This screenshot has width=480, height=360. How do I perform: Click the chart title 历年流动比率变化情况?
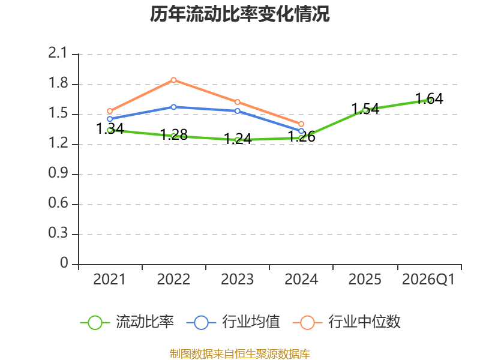pyautogui.click(x=239, y=14)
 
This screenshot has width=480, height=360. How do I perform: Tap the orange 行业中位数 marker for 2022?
pyautogui.click(x=173, y=80)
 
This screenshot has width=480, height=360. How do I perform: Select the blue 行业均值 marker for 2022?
pyautogui.click(x=173, y=107)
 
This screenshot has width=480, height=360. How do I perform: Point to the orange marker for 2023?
pyautogui.click(x=238, y=102)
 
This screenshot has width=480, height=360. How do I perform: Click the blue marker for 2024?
pyautogui.click(x=301, y=131)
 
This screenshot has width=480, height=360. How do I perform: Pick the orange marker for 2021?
pyautogui.click(x=110, y=111)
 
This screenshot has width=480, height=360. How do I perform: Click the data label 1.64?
pyautogui.click(x=429, y=98)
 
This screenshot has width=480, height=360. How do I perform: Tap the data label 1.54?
pyautogui.click(x=365, y=109)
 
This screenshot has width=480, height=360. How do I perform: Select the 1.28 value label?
pyautogui.click(x=174, y=134)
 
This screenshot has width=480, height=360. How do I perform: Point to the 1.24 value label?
pyautogui.click(x=238, y=139)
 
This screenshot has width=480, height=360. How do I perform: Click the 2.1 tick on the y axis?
pyautogui.click(x=58, y=53)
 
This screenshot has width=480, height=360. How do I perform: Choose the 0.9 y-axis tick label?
pyautogui.click(x=58, y=173)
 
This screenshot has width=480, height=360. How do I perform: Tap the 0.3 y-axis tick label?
pyautogui.click(x=58, y=233)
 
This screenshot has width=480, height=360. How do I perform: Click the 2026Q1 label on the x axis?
pyautogui.click(x=428, y=279)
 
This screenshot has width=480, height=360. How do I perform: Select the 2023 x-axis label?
pyautogui.click(x=238, y=279)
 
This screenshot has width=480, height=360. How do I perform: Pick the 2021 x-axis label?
pyautogui.click(x=110, y=279)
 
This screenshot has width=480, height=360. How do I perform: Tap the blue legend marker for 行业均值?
pyautogui.click(x=201, y=322)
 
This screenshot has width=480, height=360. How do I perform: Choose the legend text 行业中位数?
pyautogui.click(x=364, y=322)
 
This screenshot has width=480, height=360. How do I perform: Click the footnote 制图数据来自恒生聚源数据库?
pyautogui.click(x=240, y=354)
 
